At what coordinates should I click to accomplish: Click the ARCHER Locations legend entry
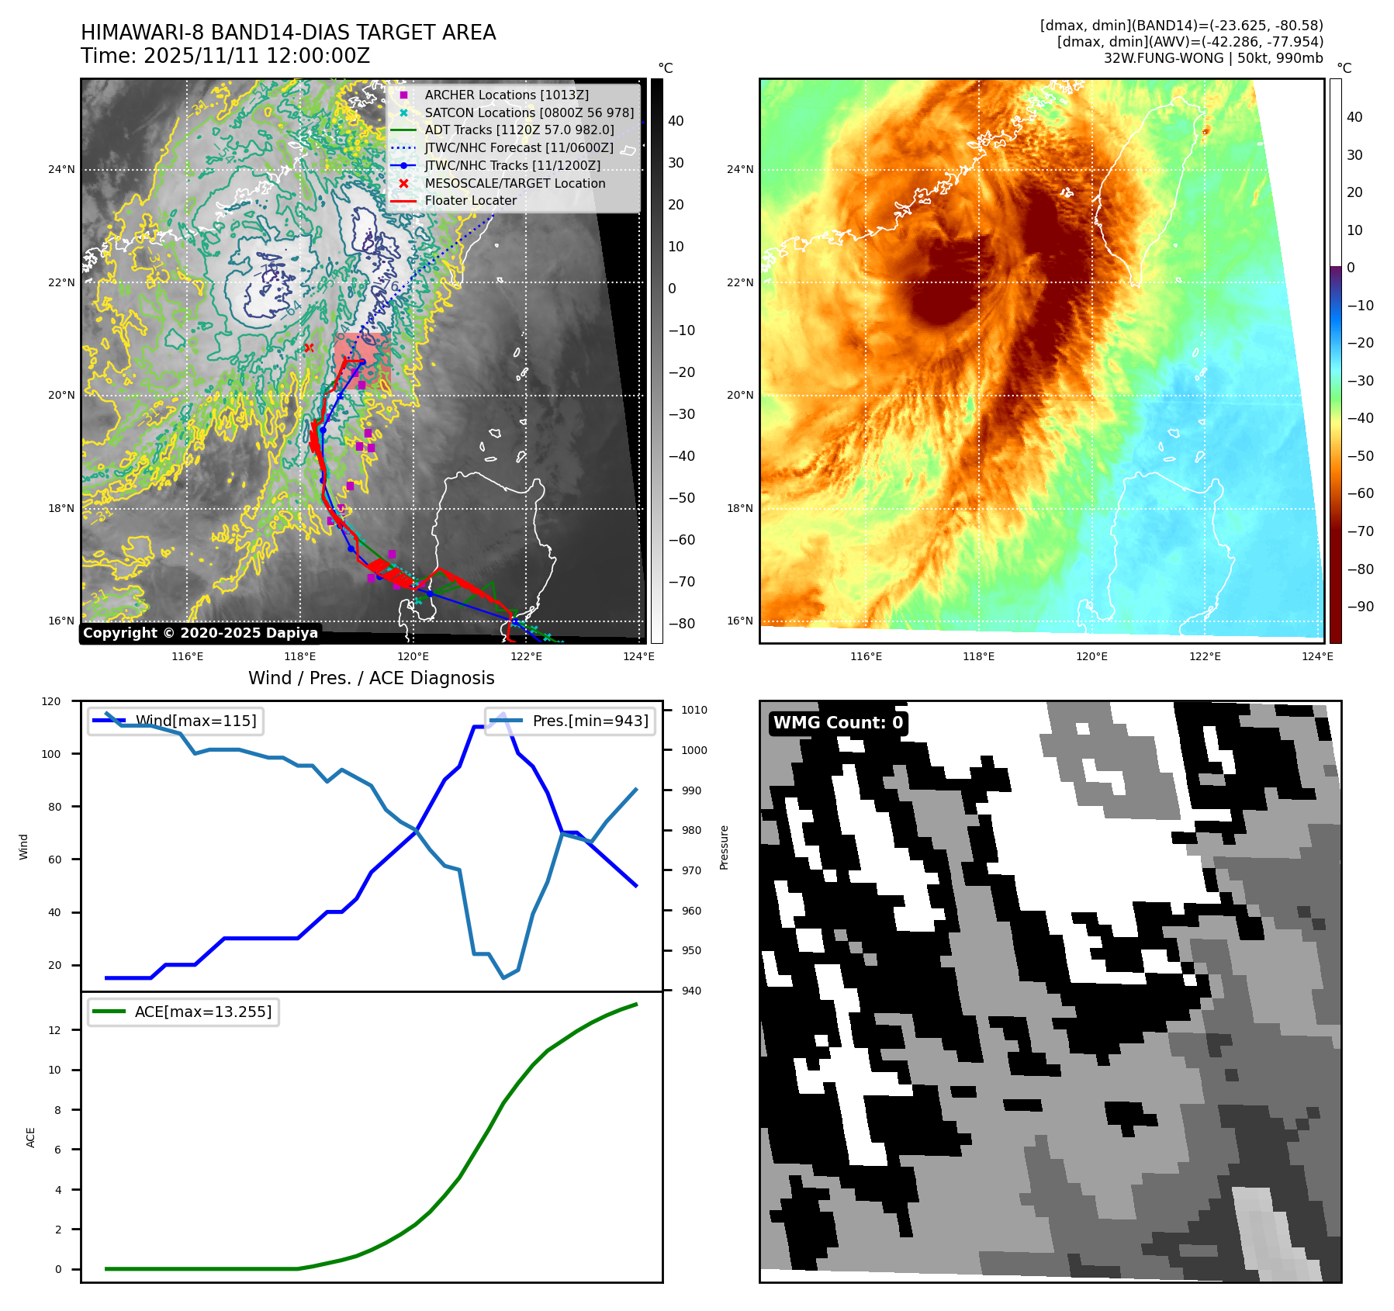(x=506, y=95)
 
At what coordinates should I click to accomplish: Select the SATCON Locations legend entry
(x=528, y=112)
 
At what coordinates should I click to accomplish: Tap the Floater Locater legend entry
(x=470, y=200)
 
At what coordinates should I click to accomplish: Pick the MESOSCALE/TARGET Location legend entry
(x=514, y=183)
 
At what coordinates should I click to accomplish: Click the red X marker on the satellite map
(x=309, y=348)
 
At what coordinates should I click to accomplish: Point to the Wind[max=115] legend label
(x=195, y=721)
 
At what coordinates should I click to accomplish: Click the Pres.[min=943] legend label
(x=590, y=721)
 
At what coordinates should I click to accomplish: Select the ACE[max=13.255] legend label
(x=203, y=1012)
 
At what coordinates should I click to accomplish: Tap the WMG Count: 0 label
(x=838, y=722)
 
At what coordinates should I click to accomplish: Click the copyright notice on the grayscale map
(x=200, y=633)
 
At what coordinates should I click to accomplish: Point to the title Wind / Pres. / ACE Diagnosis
(x=371, y=678)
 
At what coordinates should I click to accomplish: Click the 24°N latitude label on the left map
(x=62, y=169)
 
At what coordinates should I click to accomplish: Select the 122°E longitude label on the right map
(x=1205, y=656)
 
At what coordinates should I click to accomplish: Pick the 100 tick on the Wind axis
(x=51, y=754)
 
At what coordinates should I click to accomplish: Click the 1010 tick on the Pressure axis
(x=694, y=710)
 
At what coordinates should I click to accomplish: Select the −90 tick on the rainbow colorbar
(x=1360, y=607)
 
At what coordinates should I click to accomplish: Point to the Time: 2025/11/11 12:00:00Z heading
(x=225, y=56)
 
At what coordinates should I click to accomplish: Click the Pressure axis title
(x=724, y=847)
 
